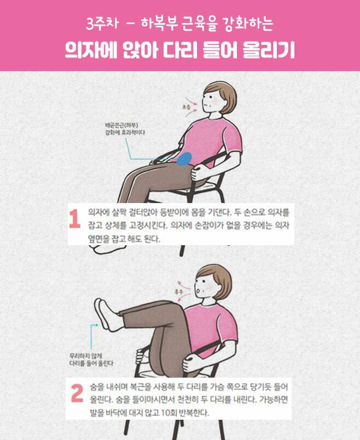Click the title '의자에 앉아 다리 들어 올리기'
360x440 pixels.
pos(179,50)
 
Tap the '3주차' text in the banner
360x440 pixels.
pos(102,24)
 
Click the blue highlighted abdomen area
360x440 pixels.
pos(184,159)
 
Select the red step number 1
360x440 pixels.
pos(74,219)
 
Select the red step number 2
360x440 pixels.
pos(77,393)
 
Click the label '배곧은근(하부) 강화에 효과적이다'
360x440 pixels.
pos(125,129)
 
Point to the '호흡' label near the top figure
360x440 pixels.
pos(187,107)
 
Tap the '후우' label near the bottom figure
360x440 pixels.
pos(179,292)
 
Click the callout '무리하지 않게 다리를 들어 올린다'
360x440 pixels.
pos(91,360)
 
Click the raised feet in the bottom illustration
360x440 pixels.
pos(105,314)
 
